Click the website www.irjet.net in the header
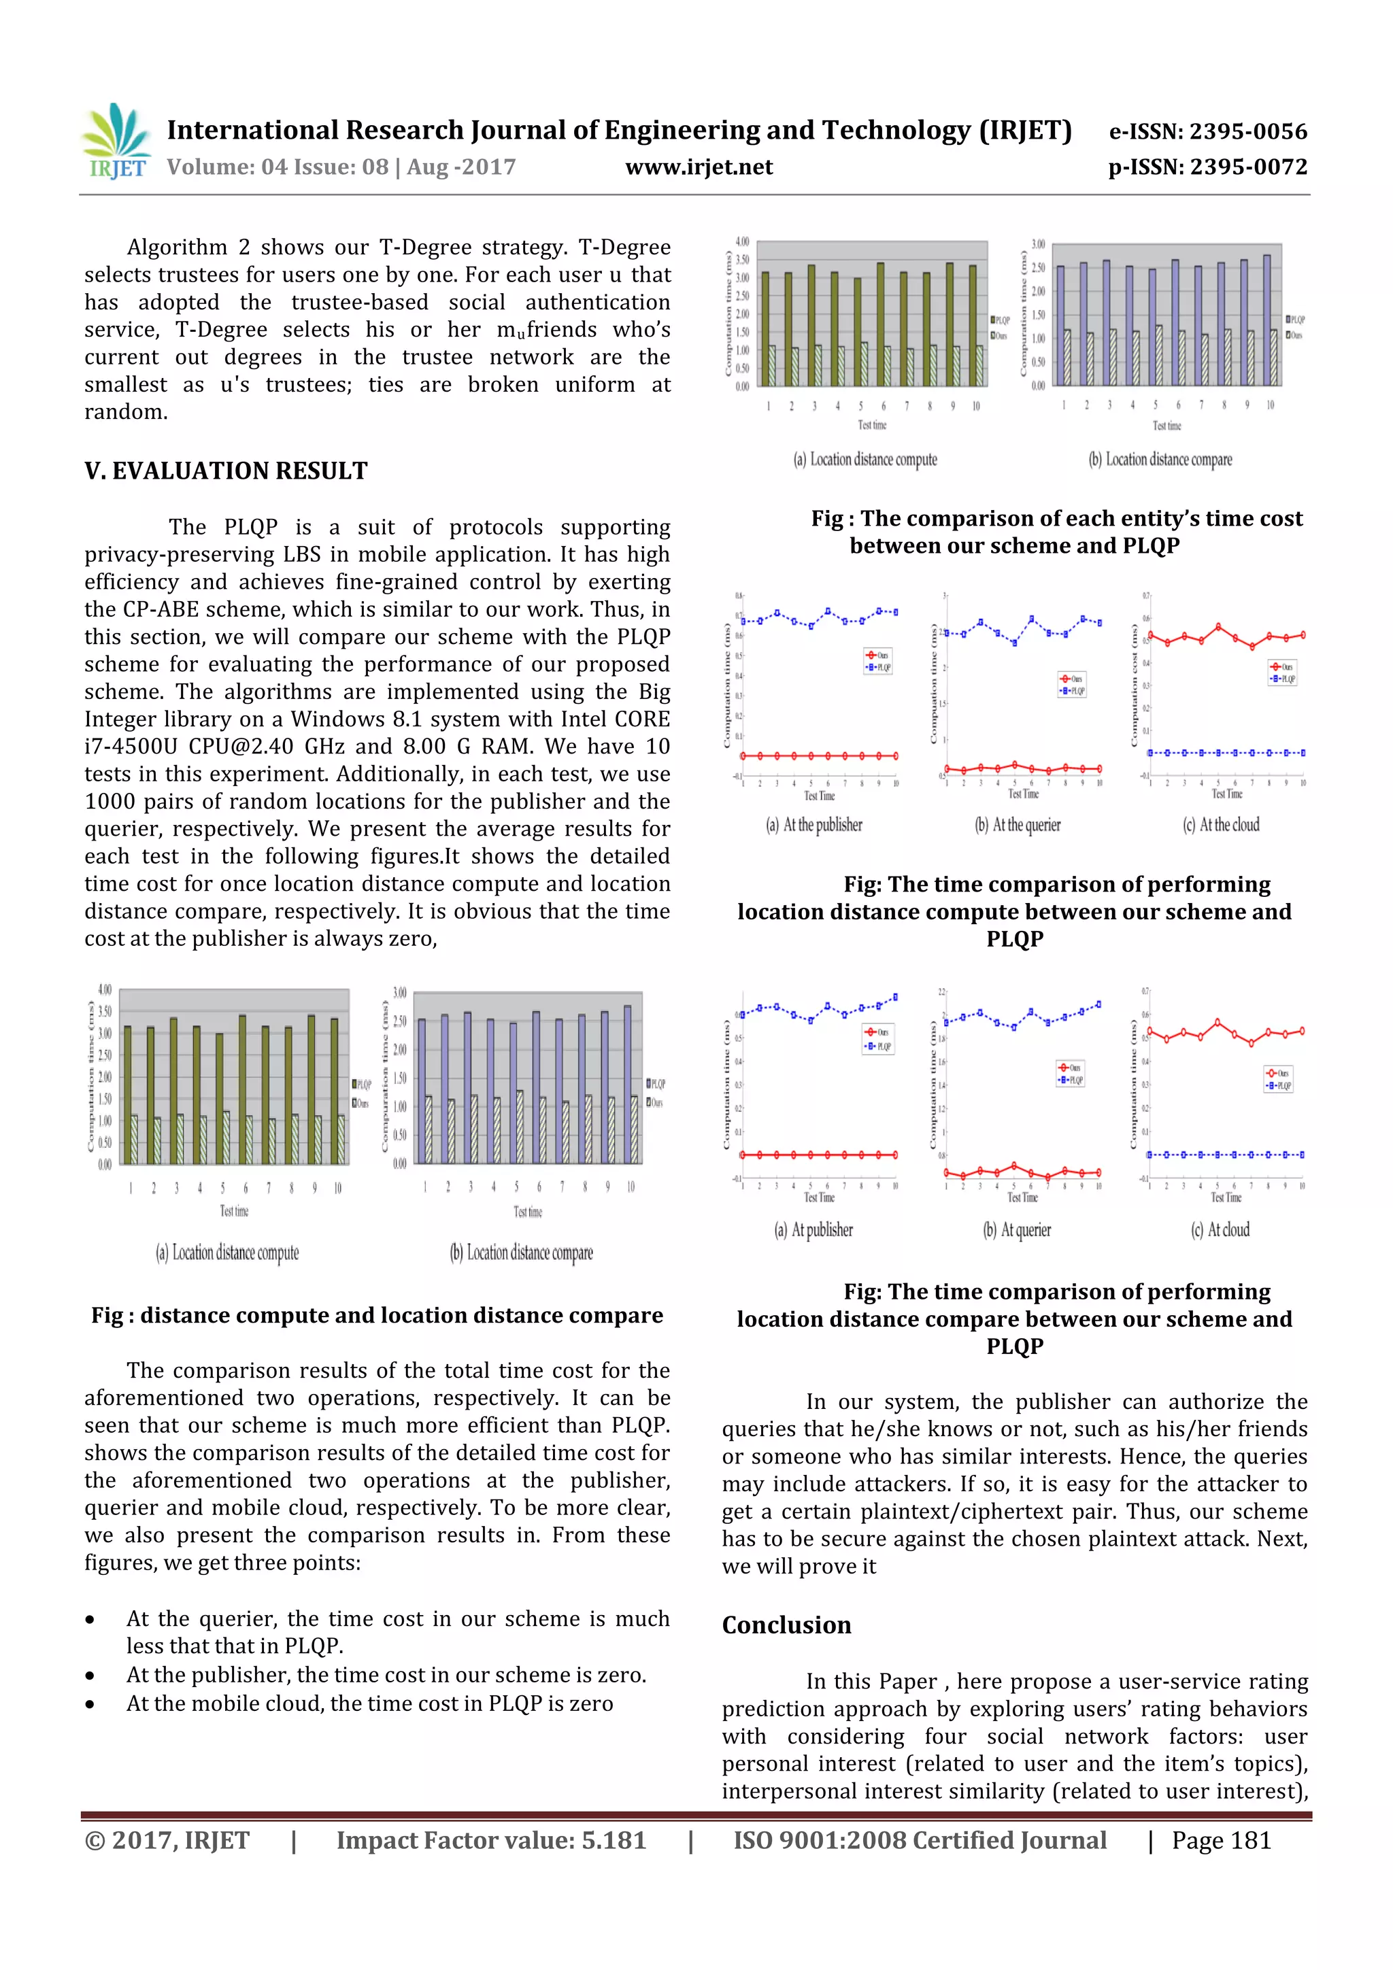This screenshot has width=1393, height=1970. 699,167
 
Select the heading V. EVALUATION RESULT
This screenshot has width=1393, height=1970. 226,471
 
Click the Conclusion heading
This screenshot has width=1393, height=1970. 786,1625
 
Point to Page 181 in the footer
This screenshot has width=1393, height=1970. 1220,1840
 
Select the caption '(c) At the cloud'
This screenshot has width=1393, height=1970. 1222,825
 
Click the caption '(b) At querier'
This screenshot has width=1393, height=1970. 1017,1229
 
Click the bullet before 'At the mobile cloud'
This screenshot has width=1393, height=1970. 90,1704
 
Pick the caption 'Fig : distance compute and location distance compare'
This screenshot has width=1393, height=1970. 377,1315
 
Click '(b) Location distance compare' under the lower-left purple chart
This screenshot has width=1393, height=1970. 521,1253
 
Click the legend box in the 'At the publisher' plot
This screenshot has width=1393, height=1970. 878,661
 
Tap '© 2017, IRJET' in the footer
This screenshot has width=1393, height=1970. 167,1840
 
